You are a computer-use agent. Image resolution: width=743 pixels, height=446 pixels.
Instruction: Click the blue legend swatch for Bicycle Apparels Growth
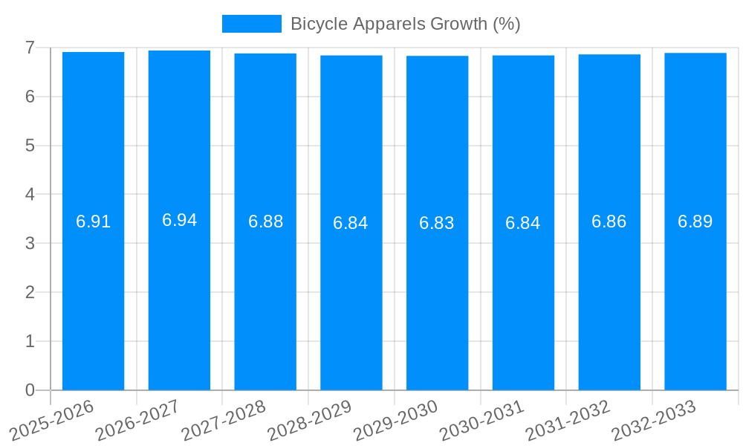(251, 24)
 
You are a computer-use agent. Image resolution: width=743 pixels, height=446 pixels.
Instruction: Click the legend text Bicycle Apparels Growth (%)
(405, 24)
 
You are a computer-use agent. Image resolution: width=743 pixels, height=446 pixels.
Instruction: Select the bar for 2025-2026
(93, 297)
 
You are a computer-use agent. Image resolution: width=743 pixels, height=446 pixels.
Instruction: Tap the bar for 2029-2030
(437, 297)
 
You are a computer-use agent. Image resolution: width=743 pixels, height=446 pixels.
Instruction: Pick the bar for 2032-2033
(695, 297)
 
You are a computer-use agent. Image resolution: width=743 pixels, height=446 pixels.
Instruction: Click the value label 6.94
(179, 220)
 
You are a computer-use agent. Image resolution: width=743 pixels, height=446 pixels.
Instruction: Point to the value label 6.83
(437, 223)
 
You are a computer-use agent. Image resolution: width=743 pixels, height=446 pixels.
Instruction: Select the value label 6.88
(265, 222)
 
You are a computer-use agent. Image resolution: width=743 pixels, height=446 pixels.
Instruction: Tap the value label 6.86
(609, 222)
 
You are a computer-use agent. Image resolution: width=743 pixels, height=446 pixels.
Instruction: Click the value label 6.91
(93, 222)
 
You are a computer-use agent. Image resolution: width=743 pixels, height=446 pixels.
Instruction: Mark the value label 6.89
(695, 222)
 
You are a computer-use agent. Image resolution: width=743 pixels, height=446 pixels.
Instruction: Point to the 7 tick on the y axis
(30, 48)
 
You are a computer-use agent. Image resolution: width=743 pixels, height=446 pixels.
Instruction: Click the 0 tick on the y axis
(30, 390)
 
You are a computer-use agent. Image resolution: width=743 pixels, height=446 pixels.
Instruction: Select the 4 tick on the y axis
(30, 195)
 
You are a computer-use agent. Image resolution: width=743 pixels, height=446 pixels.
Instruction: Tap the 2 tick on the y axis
(30, 292)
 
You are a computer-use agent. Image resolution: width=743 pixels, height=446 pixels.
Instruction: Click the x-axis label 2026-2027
(137, 420)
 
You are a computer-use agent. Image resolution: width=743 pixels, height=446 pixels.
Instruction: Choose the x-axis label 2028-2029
(309, 420)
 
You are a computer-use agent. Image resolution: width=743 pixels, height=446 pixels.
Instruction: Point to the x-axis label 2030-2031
(481, 420)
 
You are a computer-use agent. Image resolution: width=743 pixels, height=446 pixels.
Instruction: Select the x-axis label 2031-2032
(568, 420)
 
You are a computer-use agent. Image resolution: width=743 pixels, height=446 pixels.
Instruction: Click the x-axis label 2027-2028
(223, 420)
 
